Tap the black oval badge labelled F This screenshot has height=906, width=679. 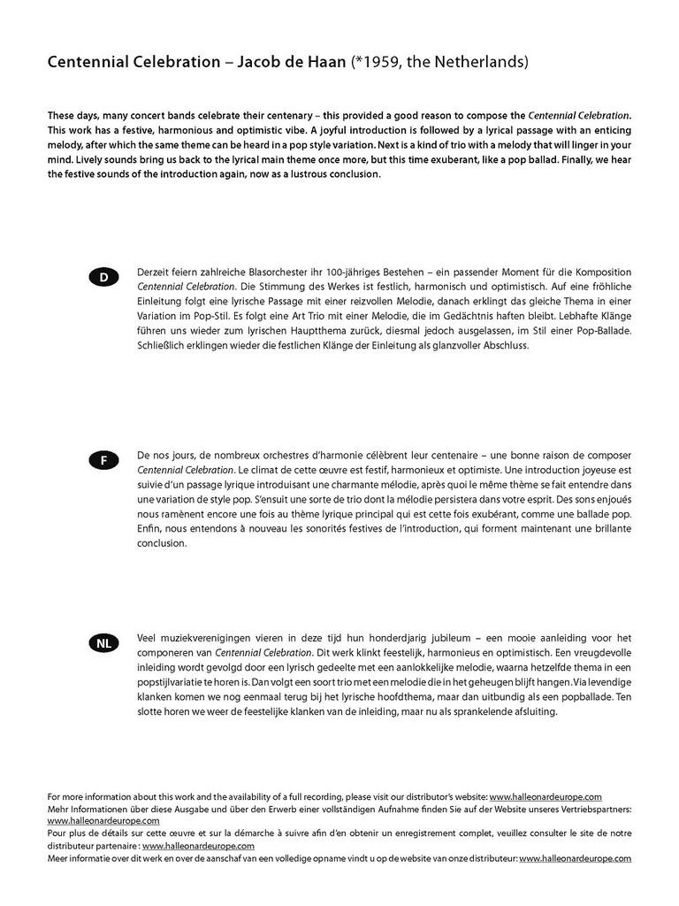(103, 461)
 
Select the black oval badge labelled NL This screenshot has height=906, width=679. (103, 644)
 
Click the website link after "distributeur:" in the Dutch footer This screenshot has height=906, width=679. (575, 858)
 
